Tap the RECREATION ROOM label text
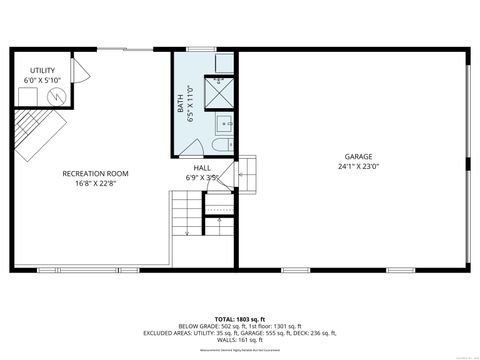[x=95, y=173]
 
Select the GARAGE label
[x=359, y=157]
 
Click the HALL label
[x=201, y=169]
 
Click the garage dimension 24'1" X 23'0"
[x=359, y=167]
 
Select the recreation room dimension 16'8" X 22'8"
[x=95, y=183]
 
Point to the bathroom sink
[x=224, y=126]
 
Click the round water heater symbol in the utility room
[x=57, y=96]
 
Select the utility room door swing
[x=81, y=71]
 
